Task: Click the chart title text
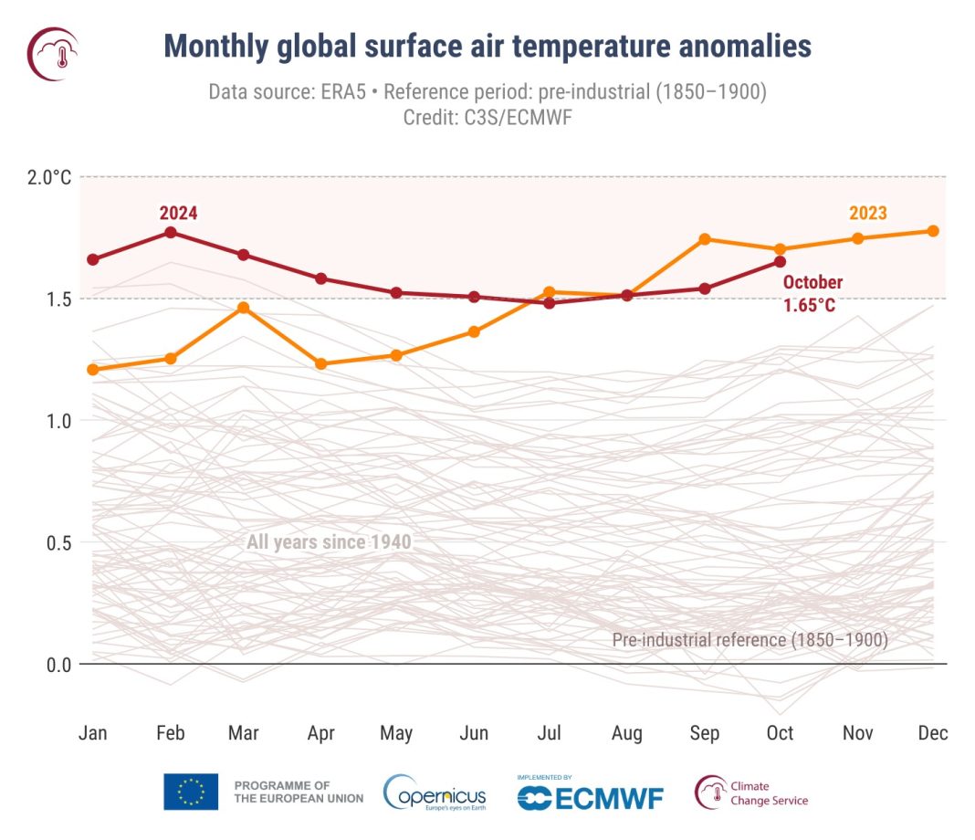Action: click(x=487, y=46)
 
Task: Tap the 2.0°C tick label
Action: click(x=47, y=177)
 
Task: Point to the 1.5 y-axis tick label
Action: click(x=58, y=299)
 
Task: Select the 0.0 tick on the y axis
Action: click(x=58, y=664)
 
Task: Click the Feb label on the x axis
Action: click(x=170, y=733)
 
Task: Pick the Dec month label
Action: click(x=933, y=733)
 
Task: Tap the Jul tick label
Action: click(x=550, y=733)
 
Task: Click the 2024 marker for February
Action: click(x=170, y=232)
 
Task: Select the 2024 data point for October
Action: click(x=780, y=261)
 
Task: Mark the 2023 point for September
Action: click(x=704, y=239)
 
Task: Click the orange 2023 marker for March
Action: click(x=244, y=308)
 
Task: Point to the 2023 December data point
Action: click(x=933, y=231)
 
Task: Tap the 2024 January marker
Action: click(x=93, y=259)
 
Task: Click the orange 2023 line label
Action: click(x=867, y=214)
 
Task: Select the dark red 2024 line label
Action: click(x=178, y=214)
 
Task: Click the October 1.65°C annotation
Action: click(x=812, y=294)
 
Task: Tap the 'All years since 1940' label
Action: click(x=329, y=542)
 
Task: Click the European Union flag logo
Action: click(x=191, y=792)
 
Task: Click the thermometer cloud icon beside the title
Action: click(x=53, y=53)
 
